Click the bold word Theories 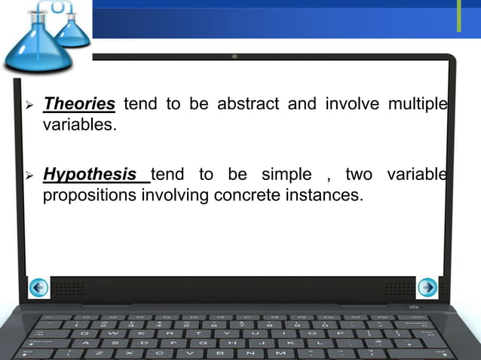coord(79,103)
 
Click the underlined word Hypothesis coord(91,175)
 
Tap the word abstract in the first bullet coord(247,103)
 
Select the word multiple coord(417,103)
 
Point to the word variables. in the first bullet coord(79,124)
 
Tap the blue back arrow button coord(38,287)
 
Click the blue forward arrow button coord(427,287)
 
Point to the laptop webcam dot coord(234,56)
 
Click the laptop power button coord(414,307)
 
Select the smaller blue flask coord(73,28)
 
